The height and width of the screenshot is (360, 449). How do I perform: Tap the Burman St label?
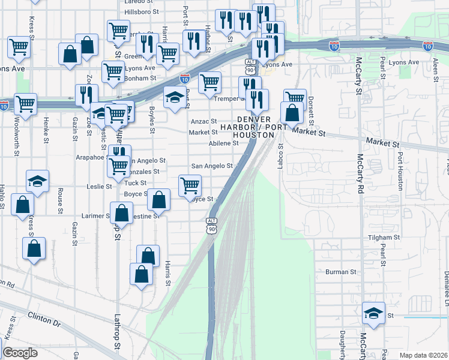[x=341, y=272]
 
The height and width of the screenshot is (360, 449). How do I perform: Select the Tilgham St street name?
[x=384, y=238]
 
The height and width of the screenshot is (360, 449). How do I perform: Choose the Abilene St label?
[x=223, y=143]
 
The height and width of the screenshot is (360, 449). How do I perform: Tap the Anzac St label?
[x=203, y=121]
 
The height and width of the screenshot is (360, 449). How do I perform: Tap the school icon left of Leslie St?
[x=37, y=181]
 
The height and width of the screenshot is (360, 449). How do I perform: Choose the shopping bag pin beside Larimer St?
[x=121, y=213]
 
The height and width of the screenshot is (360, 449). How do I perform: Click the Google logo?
[x=20, y=352]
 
